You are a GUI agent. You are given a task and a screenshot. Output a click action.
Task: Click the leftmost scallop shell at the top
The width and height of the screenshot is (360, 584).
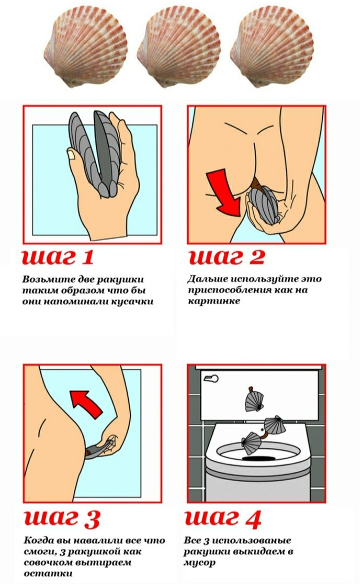click(x=86, y=51)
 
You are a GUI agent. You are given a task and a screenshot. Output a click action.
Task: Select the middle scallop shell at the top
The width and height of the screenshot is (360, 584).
click(x=178, y=51)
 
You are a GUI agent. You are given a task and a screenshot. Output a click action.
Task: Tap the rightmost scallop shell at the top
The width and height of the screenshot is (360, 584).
click(x=271, y=51)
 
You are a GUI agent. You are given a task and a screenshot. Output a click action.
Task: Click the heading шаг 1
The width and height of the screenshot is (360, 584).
click(x=58, y=257)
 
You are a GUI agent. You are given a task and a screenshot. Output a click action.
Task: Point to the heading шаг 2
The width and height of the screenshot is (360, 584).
click(x=226, y=257)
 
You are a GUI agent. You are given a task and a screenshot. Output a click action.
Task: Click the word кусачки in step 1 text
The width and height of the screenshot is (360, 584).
click(x=132, y=301)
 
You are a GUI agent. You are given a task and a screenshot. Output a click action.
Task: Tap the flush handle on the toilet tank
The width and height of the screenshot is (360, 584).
click(x=211, y=379)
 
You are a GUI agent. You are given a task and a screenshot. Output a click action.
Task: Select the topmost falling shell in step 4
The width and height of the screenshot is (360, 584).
click(x=253, y=399)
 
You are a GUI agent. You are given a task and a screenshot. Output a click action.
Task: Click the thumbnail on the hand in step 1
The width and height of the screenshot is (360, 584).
click(x=72, y=154)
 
